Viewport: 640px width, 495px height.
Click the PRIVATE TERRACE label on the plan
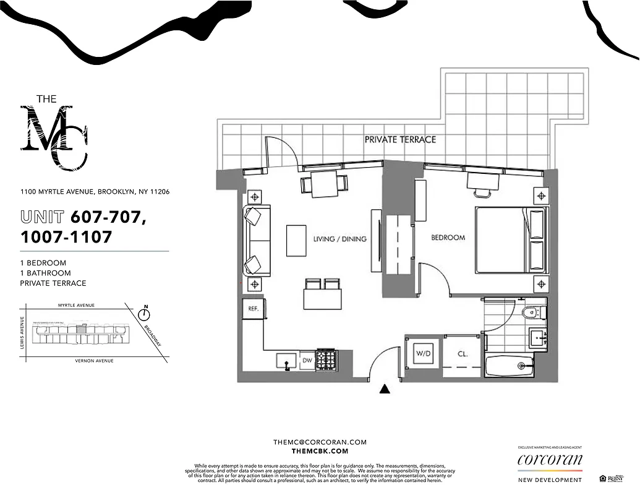(x=400, y=140)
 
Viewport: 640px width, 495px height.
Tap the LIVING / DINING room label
(x=339, y=239)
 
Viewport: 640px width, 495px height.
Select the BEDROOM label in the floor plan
(x=448, y=238)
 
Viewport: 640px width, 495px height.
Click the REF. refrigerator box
(x=253, y=308)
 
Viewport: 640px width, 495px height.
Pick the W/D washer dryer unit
(x=424, y=354)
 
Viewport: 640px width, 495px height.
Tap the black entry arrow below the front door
(x=385, y=389)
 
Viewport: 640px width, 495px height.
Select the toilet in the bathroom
(x=531, y=312)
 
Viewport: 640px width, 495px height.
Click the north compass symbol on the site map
(x=145, y=313)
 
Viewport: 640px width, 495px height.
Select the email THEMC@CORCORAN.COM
(x=320, y=442)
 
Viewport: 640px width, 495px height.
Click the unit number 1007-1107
(x=66, y=236)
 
